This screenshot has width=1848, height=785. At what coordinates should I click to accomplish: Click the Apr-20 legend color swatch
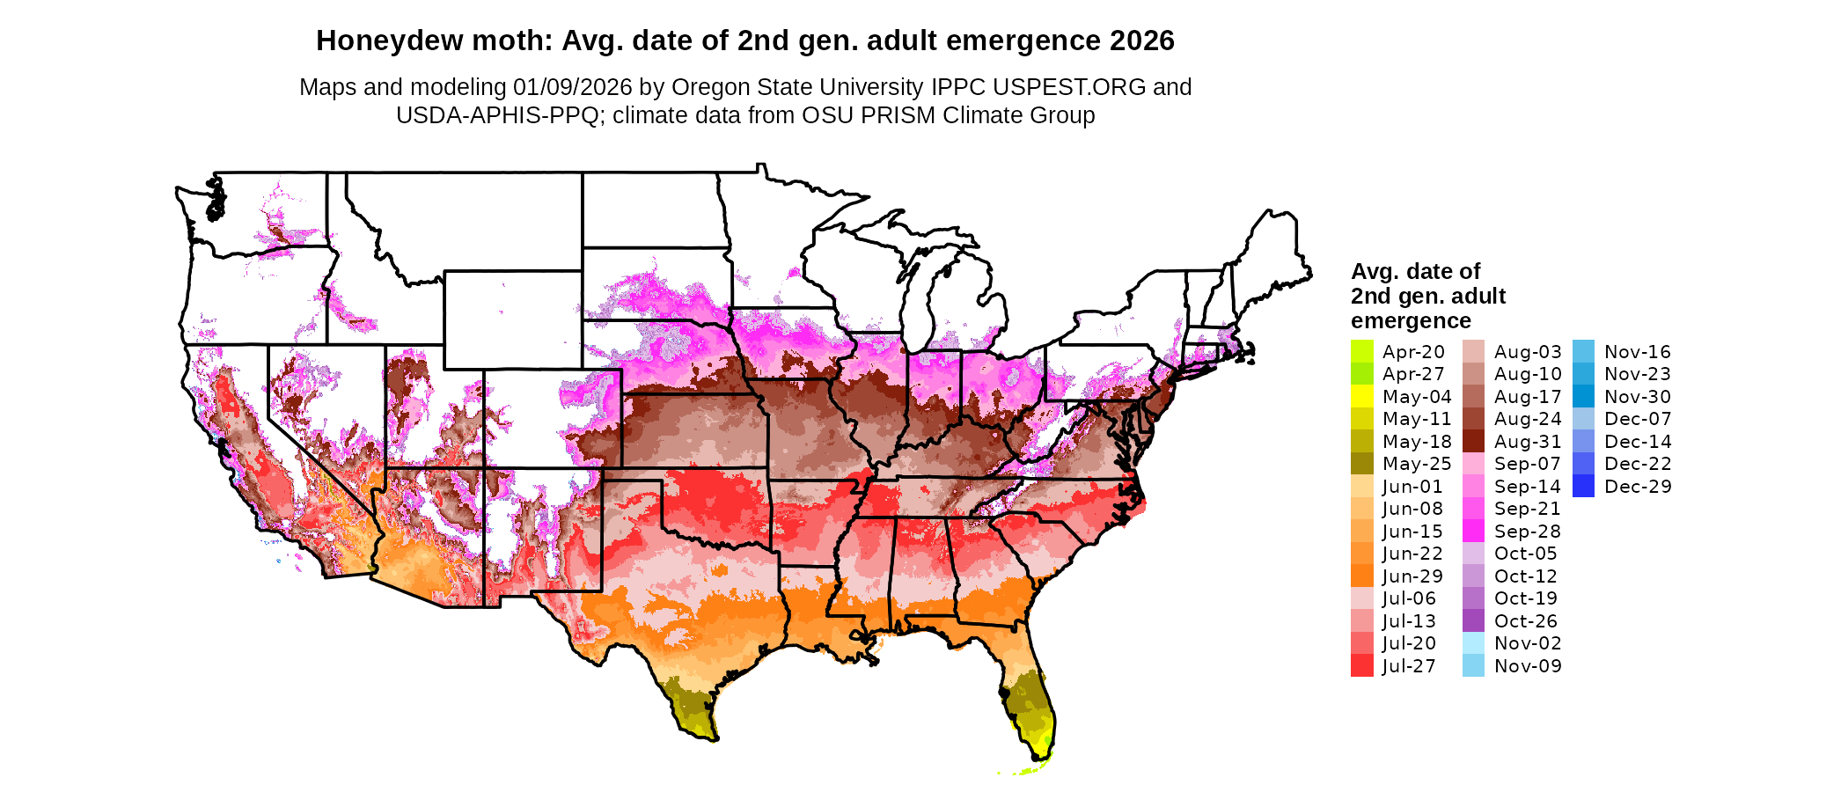(x=1361, y=352)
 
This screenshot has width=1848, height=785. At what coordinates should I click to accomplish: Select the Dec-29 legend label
(x=1637, y=487)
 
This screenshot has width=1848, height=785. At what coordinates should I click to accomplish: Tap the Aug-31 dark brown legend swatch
(x=1473, y=442)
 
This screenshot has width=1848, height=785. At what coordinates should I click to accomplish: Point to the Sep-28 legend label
(x=1527, y=532)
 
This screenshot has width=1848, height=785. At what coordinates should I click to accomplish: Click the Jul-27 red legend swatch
(x=1361, y=666)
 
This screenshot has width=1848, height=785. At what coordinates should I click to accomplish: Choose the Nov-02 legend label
(x=1527, y=643)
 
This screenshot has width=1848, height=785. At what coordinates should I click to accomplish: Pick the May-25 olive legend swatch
(x=1361, y=464)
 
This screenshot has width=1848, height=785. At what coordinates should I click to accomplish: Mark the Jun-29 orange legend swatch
(x=1361, y=576)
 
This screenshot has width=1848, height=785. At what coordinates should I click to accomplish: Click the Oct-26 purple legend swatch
(x=1473, y=621)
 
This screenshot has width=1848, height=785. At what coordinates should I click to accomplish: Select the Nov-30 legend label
(x=1637, y=397)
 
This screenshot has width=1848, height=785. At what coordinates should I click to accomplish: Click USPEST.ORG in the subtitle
(x=1069, y=87)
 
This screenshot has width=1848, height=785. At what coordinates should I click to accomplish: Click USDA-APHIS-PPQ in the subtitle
(x=497, y=115)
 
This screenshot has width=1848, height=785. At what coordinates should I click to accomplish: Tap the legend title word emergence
(x=1411, y=320)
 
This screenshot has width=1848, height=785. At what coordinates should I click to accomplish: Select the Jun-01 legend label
(x=1412, y=487)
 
